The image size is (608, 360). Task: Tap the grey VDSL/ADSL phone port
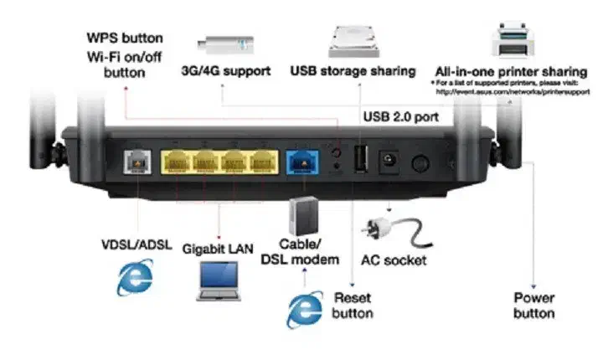[x=135, y=160]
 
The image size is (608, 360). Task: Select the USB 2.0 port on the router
[x=361, y=158]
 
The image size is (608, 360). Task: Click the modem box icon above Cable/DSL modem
[x=303, y=217]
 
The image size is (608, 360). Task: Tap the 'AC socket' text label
[x=394, y=260]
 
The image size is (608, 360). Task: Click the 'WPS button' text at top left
[x=125, y=39]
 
